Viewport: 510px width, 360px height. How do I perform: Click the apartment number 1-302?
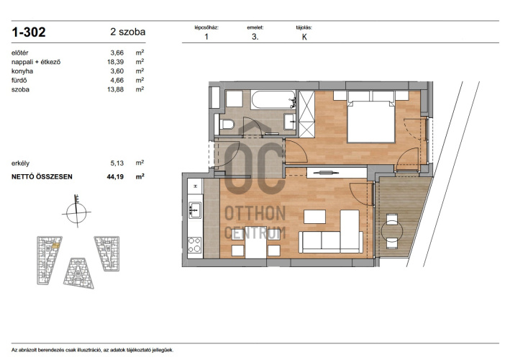click(x=29, y=32)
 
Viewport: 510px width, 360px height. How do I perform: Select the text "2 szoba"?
click(x=128, y=32)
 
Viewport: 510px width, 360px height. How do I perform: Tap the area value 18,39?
click(x=116, y=62)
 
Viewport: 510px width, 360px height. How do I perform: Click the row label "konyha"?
click(x=22, y=71)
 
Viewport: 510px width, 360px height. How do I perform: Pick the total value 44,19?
click(x=116, y=176)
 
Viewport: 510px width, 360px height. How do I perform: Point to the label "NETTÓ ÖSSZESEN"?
click(x=42, y=176)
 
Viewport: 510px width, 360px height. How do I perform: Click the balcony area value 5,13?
click(x=117, y=163)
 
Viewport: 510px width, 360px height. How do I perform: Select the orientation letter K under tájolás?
click(x=304, y=37)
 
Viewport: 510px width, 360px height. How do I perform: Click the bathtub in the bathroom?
click(x=273, y=99)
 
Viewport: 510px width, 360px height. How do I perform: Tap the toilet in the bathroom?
click(x=227, y=124)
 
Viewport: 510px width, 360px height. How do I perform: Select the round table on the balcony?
click(x=392, y=231)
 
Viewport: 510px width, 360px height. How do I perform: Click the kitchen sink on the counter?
click(x=195, y=210)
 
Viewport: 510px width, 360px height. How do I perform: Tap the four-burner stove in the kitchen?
click(x=195, y=245)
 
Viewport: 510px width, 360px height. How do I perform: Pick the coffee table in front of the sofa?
click(x=314, y=217)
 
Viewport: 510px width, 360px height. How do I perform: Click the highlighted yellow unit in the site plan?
click(x=56, y=246)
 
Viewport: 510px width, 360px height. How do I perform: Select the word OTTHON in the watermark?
click(x=255, y=214)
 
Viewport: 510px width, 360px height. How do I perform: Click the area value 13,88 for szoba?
click(x=116, y=89)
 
